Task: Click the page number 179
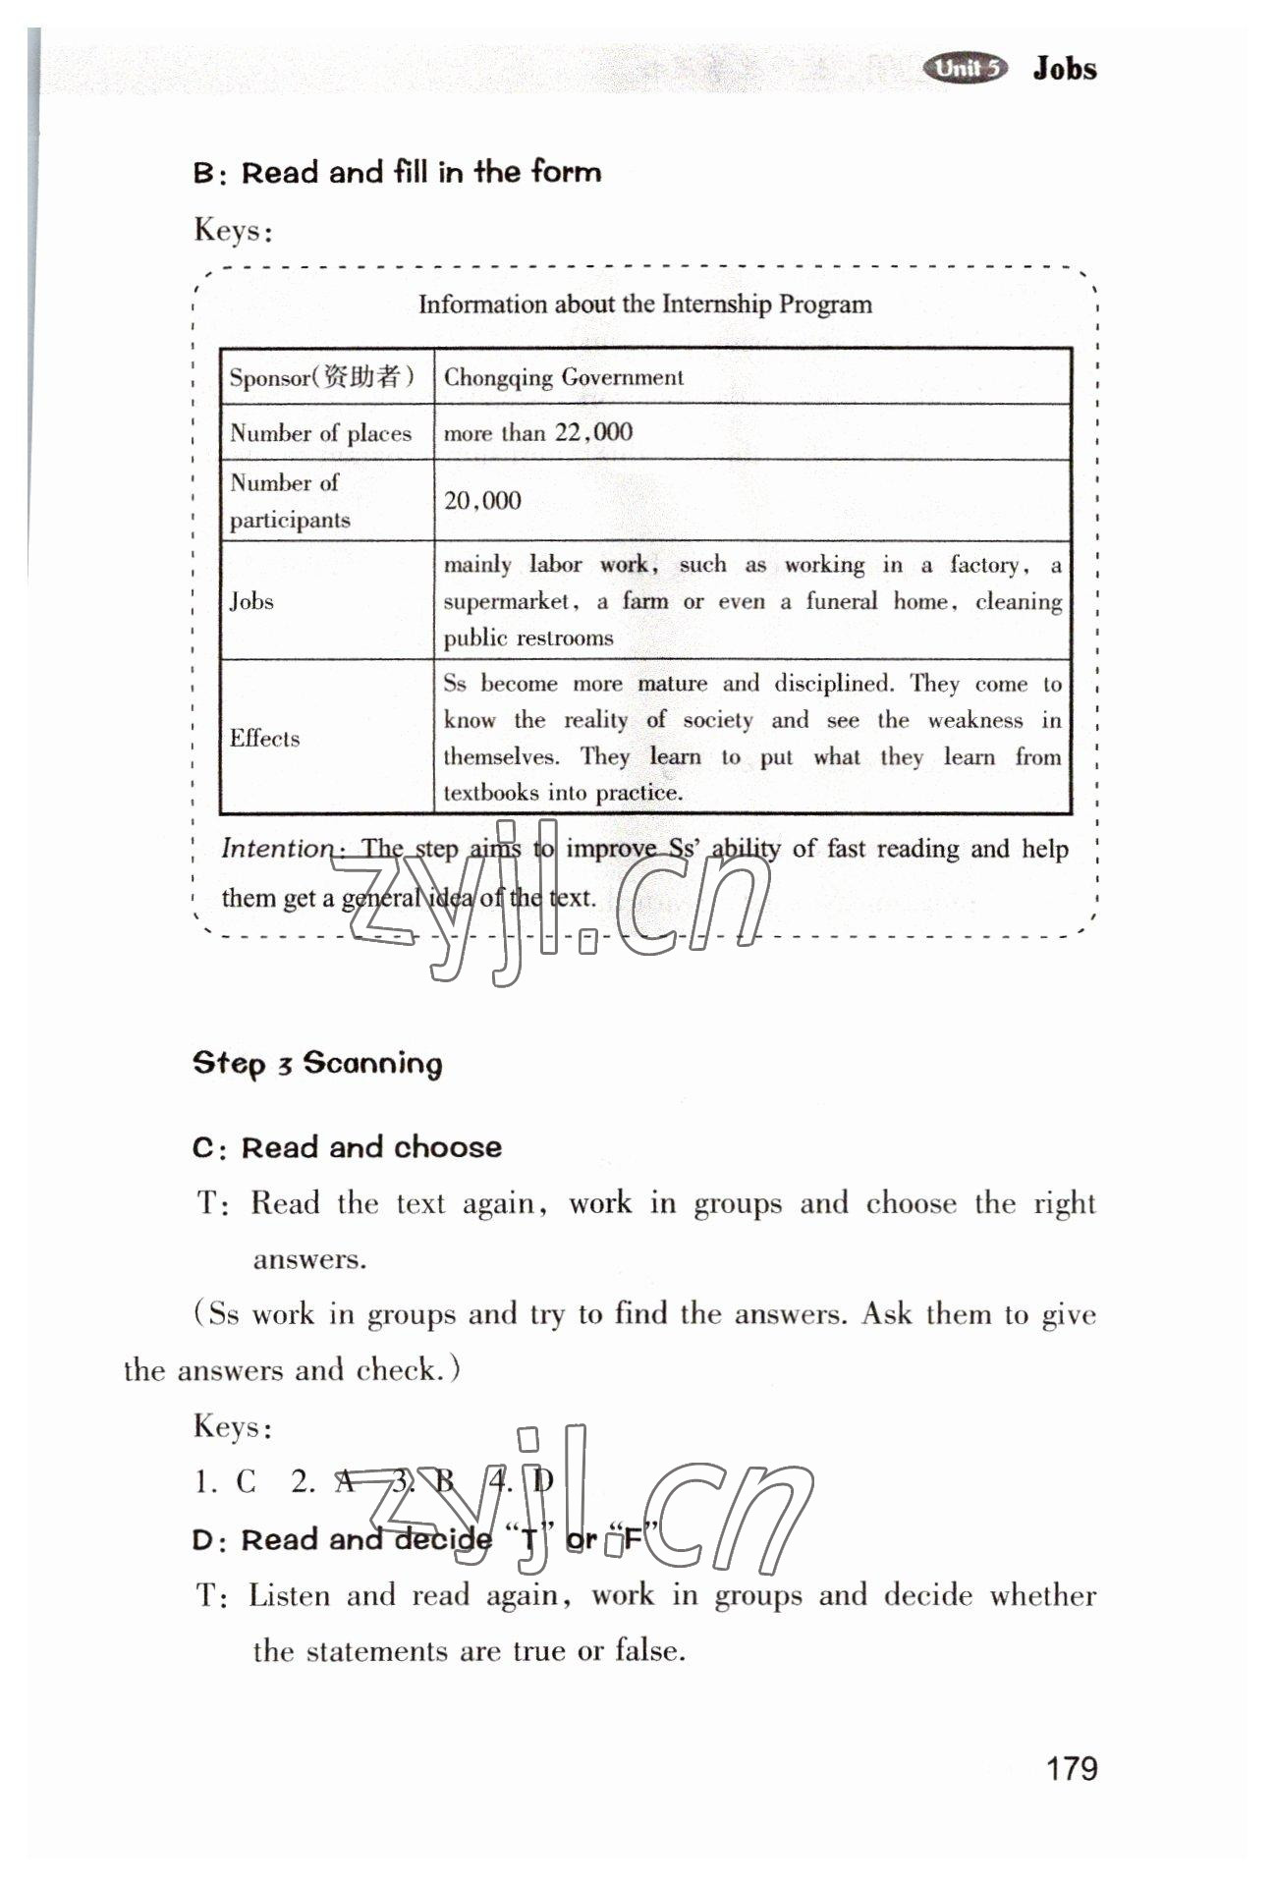coord(1072,1769)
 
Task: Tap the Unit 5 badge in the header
coord(967,68)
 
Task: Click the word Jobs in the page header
coord(1065,69)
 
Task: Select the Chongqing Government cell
coord(564,377)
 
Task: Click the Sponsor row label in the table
coord(321,377)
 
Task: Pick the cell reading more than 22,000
coord(538,432)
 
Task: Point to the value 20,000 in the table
coord(482,501)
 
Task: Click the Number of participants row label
coord(290,501)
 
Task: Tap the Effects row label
coord(264,739)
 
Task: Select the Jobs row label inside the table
coord(251,601)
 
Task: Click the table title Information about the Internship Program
coord(644,304)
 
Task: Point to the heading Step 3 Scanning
coord(317,1063)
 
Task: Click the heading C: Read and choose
coord(347,1147)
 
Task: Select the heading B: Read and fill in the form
coord(397,173)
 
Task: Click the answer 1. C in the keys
coord(226,1481)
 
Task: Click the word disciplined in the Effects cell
coord(833,684)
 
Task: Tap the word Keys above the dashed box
coord(233,230)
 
